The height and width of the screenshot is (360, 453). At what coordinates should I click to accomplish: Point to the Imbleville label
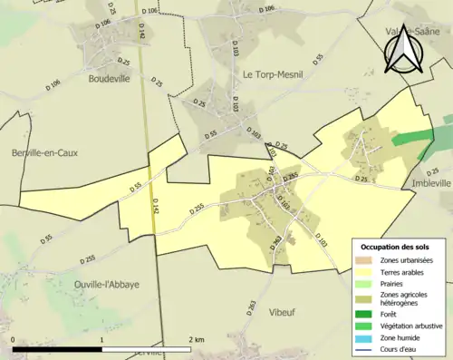[430, 182]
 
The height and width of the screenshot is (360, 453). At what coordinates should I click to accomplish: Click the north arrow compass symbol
[404, 50]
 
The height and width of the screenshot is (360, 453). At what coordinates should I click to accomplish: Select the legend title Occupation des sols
[397, 247]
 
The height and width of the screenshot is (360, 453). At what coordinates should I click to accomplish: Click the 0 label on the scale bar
[14, 339]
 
